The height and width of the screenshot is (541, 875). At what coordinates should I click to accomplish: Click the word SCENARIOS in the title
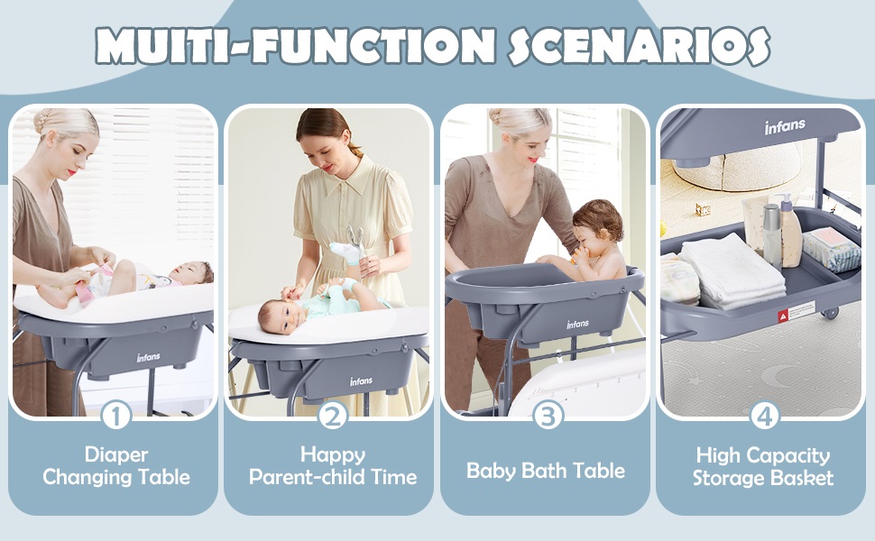pyautogui.click(x=640, y=46)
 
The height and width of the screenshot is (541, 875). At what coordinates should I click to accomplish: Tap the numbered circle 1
pyautogui.click(x=116, y=416)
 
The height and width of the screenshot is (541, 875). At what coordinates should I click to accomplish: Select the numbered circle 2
pyautogui.click(x=333, y=416)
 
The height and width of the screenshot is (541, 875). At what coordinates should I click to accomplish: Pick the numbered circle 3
pyautogui.click(x=548, y=416)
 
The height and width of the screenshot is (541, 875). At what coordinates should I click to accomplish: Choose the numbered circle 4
pyautogui.click(x=764, y=416)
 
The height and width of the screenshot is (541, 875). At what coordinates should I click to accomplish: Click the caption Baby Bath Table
pyautogui.click(x=546, y=471)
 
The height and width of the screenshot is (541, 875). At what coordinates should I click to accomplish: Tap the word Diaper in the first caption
pyautogui.click(x=116, y=455)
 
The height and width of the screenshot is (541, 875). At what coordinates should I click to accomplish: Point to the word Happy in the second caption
pyautogui.click(x=333, y=455)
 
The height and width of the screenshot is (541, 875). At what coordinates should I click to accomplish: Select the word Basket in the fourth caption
pyautogui.click(x=803, y=478)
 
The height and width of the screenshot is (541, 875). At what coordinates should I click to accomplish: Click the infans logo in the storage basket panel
pyautogui.click(x=785, y=126)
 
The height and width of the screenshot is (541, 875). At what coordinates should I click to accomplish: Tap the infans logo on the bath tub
pyautogui.click(x=577, y=324)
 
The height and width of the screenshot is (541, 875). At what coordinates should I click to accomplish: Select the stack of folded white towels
pyautogui.click(x=732, y=271)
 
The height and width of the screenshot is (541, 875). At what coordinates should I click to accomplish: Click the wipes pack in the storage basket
pyautogui.click(x=831, y=249)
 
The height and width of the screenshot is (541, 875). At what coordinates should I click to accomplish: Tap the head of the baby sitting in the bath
pyautogui.click(x=596, y=227)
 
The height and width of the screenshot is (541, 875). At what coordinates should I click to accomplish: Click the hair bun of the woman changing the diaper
pyautogui.click(x=43, y=122)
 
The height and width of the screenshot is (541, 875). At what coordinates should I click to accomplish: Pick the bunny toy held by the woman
pyautogui.click(x=352, y=246)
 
